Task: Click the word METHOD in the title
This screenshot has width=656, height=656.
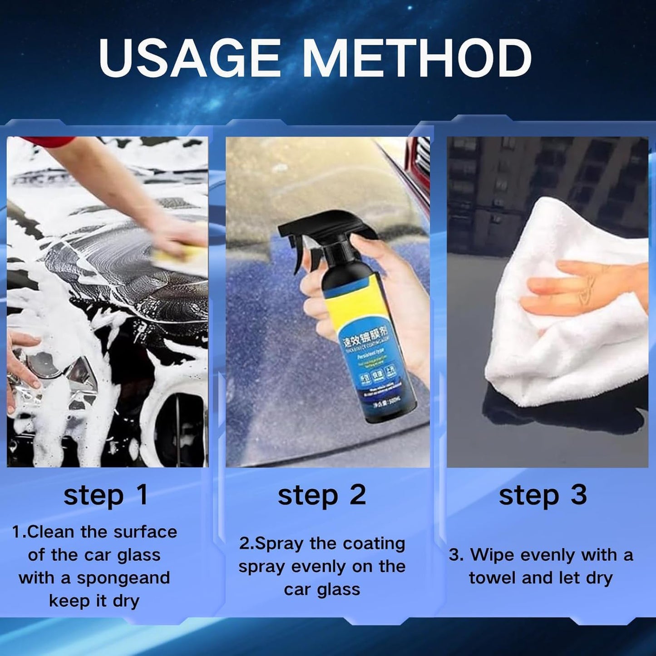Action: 416,58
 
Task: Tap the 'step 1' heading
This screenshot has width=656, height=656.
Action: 106,495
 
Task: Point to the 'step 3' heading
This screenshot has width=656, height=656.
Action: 543,495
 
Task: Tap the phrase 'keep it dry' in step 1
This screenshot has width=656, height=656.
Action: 94,601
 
